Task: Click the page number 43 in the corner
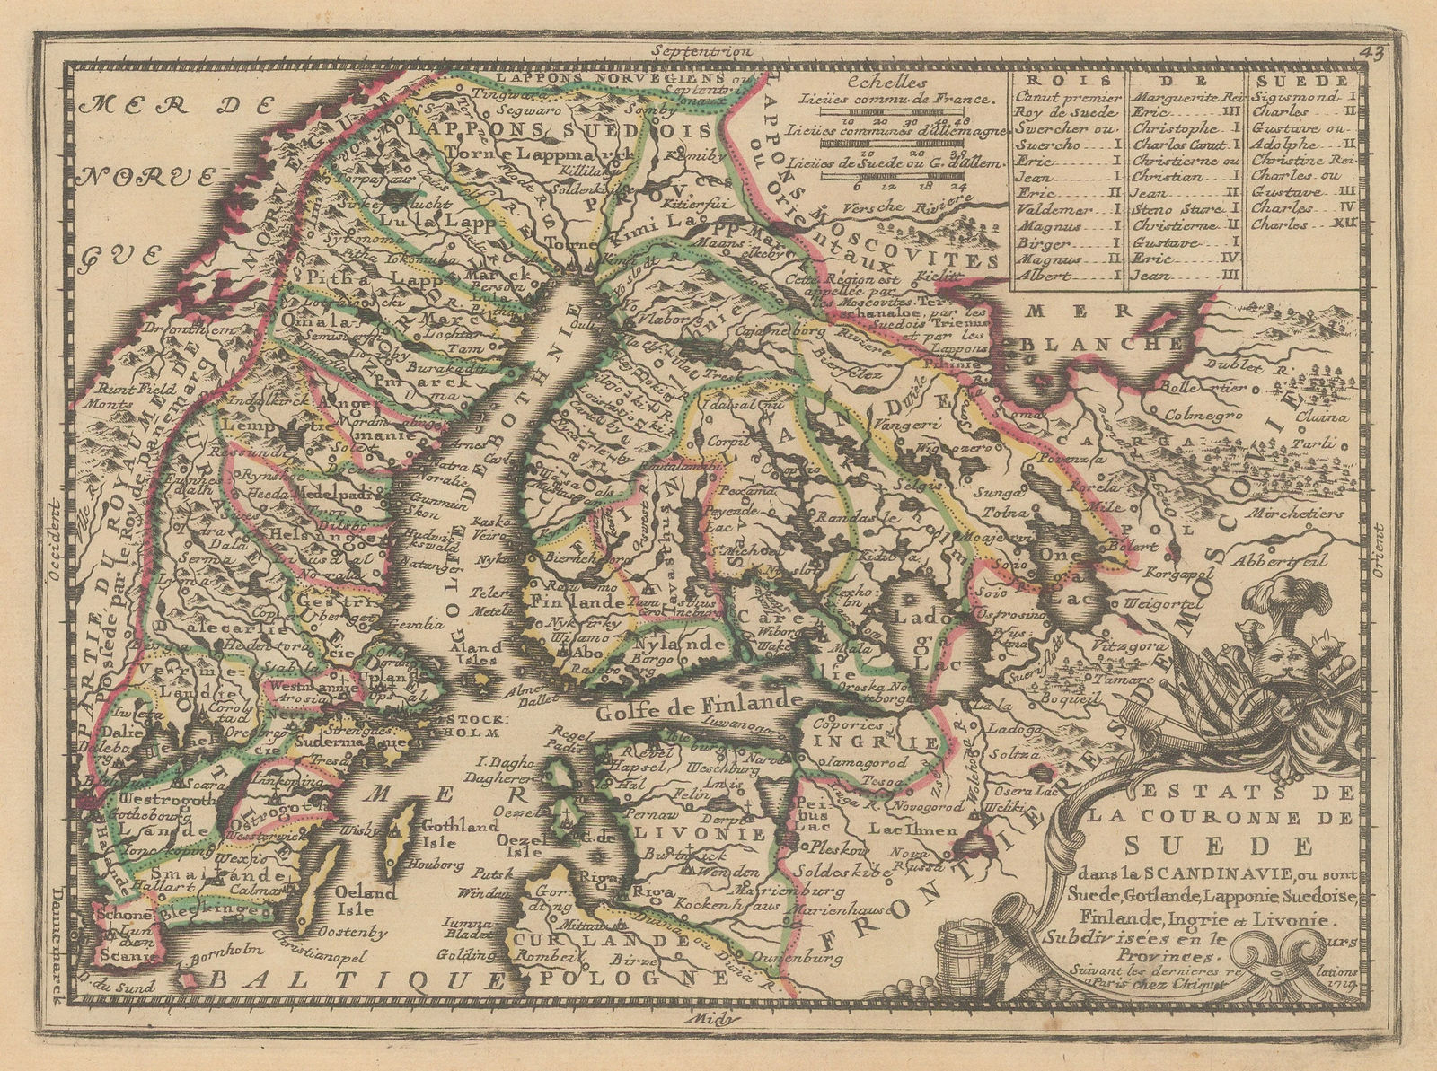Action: (1371, 51)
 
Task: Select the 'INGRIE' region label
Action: (877, 742)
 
